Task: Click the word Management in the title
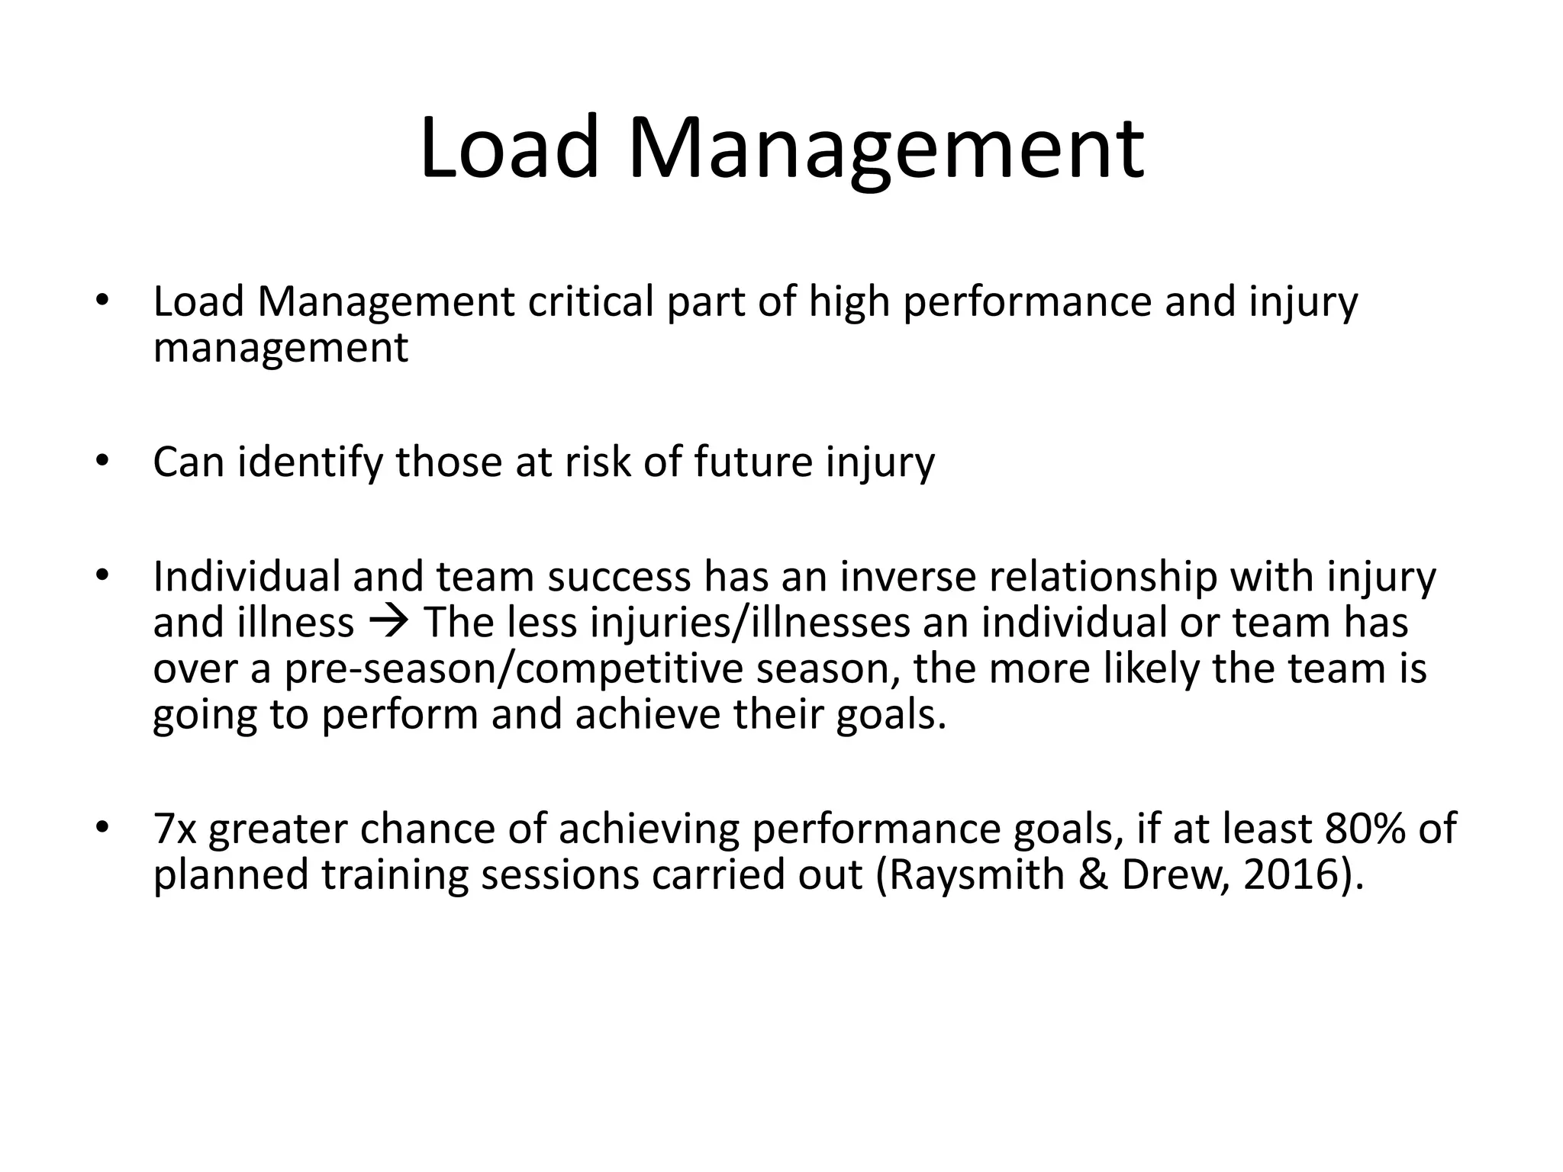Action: (x=885, y=149)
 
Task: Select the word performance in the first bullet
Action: (x=1027, y=303)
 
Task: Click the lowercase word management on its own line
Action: (x=281, y=349)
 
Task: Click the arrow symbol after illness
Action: (x=389, y=622)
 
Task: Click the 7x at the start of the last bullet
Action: (x=175, y=829)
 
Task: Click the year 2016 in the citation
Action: (x=1292, y=875)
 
